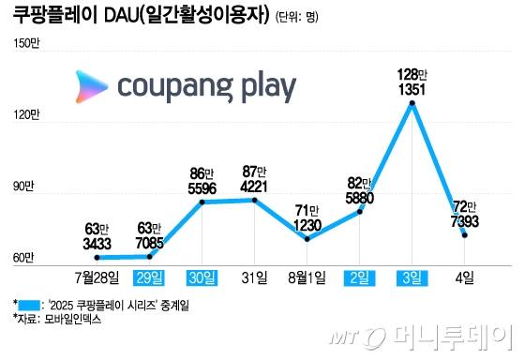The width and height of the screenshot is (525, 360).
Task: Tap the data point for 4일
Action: click(x=465, y=235)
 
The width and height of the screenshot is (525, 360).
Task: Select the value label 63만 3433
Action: click(x=97, y=235)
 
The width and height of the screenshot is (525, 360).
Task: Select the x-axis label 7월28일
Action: click(x=97, y=278)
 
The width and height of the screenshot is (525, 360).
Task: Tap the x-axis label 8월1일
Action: click(x=307, y=278)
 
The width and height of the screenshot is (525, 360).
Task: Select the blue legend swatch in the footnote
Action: click(x=30, y=305)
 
